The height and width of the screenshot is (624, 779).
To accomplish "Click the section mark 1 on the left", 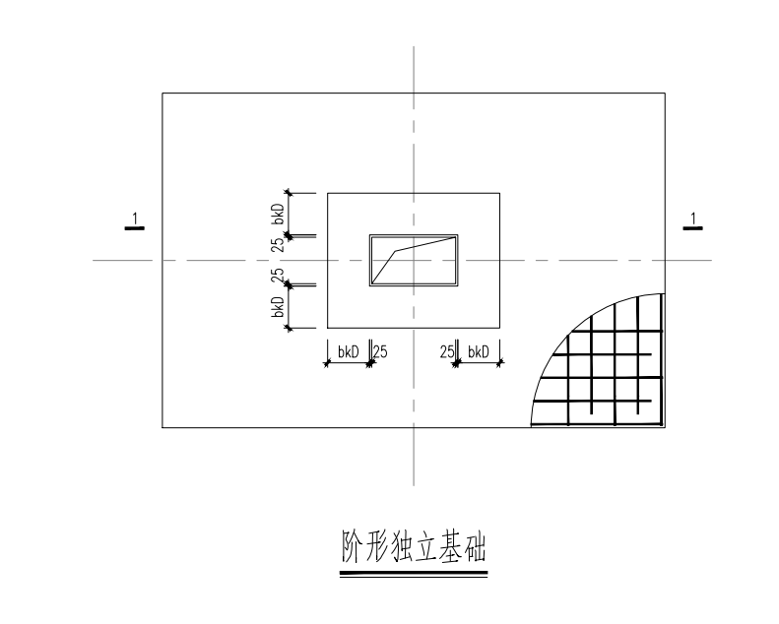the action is (134, 221).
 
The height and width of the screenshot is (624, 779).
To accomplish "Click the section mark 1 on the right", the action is (693, 221).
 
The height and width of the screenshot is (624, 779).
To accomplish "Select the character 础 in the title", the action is (475, 546).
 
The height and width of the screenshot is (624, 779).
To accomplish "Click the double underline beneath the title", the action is (414, 574).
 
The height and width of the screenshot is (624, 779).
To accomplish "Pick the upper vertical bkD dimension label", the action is (279, 214).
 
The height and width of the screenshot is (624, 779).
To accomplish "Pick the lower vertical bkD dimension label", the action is (279, 307).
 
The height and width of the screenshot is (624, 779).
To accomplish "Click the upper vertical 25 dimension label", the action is (279, 244).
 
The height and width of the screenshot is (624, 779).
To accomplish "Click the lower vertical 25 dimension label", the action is (279, 276).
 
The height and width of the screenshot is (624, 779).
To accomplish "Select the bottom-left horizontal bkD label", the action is (349, 352).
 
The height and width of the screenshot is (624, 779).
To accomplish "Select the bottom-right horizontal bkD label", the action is (479, 352).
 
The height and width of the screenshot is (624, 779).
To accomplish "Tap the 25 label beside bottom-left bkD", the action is (380, 352).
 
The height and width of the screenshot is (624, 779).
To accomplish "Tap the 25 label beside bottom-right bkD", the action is (447, 352).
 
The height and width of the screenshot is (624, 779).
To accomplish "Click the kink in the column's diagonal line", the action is (396, 251).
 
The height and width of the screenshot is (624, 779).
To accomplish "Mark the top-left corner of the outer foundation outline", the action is (162, 93).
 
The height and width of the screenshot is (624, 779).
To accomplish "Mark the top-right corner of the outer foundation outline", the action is (665, 93).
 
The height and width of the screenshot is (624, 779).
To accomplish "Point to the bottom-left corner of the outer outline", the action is (162, 427).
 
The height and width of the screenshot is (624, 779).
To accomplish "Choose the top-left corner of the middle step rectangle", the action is (327, 193).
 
